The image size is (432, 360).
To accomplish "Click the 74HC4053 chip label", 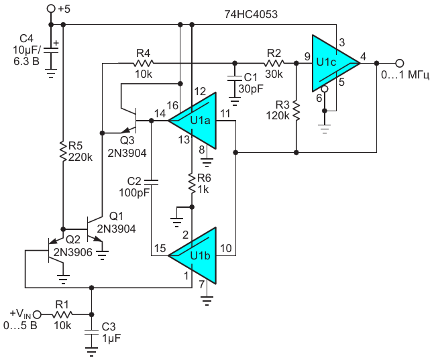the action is point(251,14).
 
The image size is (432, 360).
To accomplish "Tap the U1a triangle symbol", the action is point(193,121).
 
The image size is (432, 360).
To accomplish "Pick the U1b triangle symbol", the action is point(193,255).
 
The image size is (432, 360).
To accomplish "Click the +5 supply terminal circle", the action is point(51,9).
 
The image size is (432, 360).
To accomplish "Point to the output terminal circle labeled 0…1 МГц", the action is point(400,63).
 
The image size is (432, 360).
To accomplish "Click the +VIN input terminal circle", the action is point(37,314).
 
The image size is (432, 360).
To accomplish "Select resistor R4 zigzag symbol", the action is point(144,63).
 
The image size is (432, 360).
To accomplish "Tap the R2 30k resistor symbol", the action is point(274,63).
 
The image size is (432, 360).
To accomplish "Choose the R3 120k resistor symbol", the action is point(296,111).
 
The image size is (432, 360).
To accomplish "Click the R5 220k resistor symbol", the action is point(63,152).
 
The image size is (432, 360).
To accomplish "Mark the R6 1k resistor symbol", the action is point(193,183).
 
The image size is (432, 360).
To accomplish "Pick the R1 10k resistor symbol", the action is point(62,314).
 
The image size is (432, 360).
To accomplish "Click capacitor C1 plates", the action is point(235,78).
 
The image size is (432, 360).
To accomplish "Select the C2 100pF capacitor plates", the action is point(151,182).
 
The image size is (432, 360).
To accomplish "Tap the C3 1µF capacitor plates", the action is point(91,332).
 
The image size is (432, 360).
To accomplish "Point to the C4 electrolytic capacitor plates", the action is point(51,50).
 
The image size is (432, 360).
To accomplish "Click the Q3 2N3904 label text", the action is point(127,147).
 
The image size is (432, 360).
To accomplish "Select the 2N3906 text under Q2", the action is point(72,252).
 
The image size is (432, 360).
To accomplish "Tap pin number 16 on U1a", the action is point(172,105).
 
